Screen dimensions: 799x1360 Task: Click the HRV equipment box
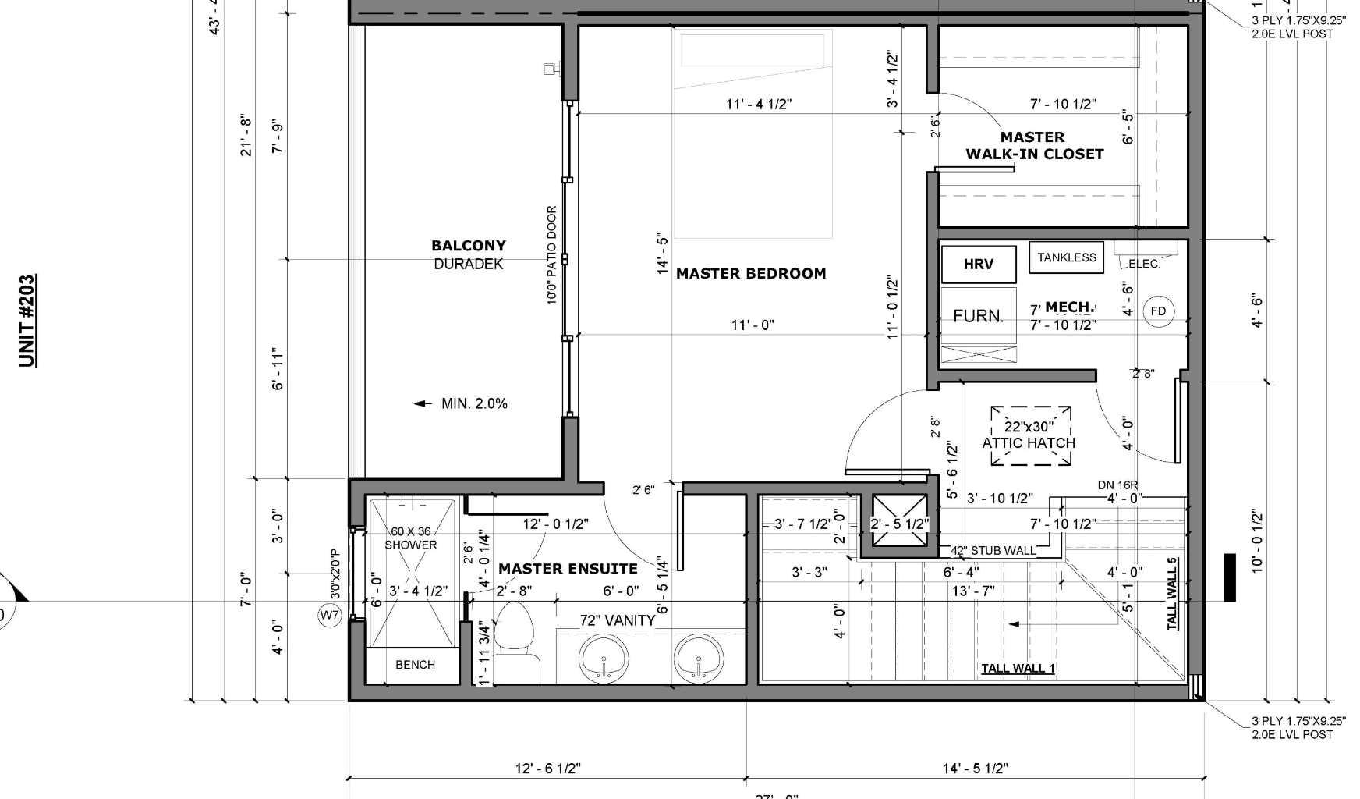(x=979, y=264)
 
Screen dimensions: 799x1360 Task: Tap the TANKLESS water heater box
(x=1066, y=257)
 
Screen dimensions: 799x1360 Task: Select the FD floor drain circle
(x=1158, y=311)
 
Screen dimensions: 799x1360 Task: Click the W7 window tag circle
(x=330, y=616)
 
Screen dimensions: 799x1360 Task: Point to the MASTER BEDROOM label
(x=750, y=274)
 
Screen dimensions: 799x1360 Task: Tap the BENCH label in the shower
(x=415, y=665)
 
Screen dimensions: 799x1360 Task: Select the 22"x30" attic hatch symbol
(x=1029, y=435)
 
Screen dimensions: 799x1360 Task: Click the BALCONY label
(x=469, y=246)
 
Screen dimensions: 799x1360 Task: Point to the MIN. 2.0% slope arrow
(x=423, y=403)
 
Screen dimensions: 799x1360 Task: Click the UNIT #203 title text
(x=27, y=320)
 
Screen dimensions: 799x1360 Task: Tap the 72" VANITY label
(x=617, y=621)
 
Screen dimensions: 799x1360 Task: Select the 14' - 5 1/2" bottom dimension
(x=975, y=769)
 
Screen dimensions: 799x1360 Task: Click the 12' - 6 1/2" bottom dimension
(x=547, y=769)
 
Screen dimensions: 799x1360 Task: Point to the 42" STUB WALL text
(x=993, y=551)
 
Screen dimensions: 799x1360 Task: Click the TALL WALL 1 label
(x=1017, y=668)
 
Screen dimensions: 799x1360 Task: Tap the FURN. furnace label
(x=978, y=316)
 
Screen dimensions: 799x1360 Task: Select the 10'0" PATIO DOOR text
(x=552, y=254)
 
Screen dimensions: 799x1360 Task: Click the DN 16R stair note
(x=1117, y=485)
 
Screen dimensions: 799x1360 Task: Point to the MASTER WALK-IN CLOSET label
(x=1034, y=146)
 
